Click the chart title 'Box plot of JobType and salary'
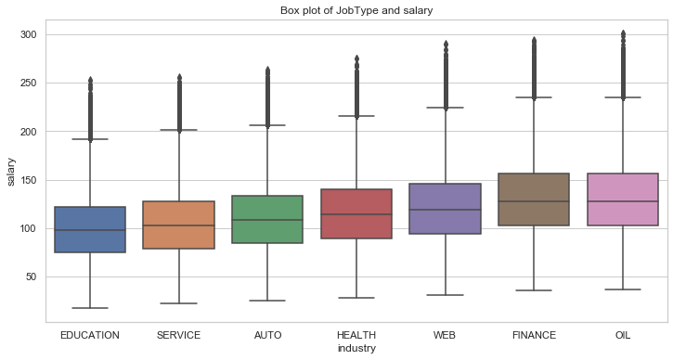point(356,10)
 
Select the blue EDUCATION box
point(90,229)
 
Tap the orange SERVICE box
point(179,225)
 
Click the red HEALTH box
point(356,213)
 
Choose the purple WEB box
point(446,209)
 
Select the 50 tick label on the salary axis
point(32,277)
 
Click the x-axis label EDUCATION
point(90,335)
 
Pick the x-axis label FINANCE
point(534,335)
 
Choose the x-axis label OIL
point(623,335)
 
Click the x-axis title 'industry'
point(356,349)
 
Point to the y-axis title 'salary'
point(11,172)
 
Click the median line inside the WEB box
point(446,210)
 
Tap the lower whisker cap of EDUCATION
point(90,308)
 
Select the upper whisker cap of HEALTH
point(356,116)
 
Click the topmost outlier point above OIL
point(623,32)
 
